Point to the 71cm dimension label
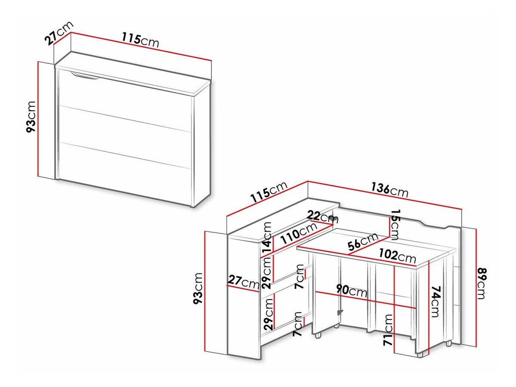tap(389, 330)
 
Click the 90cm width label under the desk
tap(351, 291)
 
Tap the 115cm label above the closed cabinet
tap(140, 40)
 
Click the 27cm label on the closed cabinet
tap(58, 33)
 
